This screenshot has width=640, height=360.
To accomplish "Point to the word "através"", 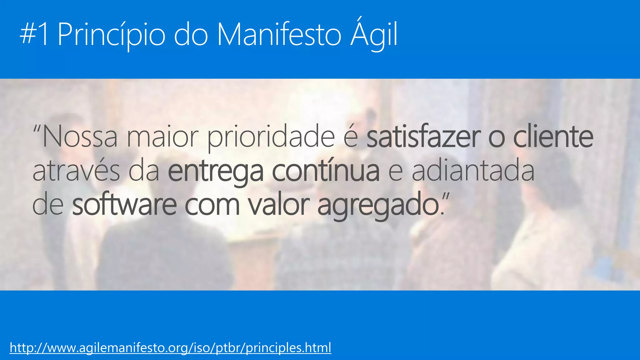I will point(76,171).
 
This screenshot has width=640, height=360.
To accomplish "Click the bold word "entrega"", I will point(216,172).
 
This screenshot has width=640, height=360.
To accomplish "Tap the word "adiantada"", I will point(473,171).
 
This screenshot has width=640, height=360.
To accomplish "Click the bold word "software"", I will point(124,205).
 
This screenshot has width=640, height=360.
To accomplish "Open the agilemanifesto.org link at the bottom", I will point(170,347).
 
